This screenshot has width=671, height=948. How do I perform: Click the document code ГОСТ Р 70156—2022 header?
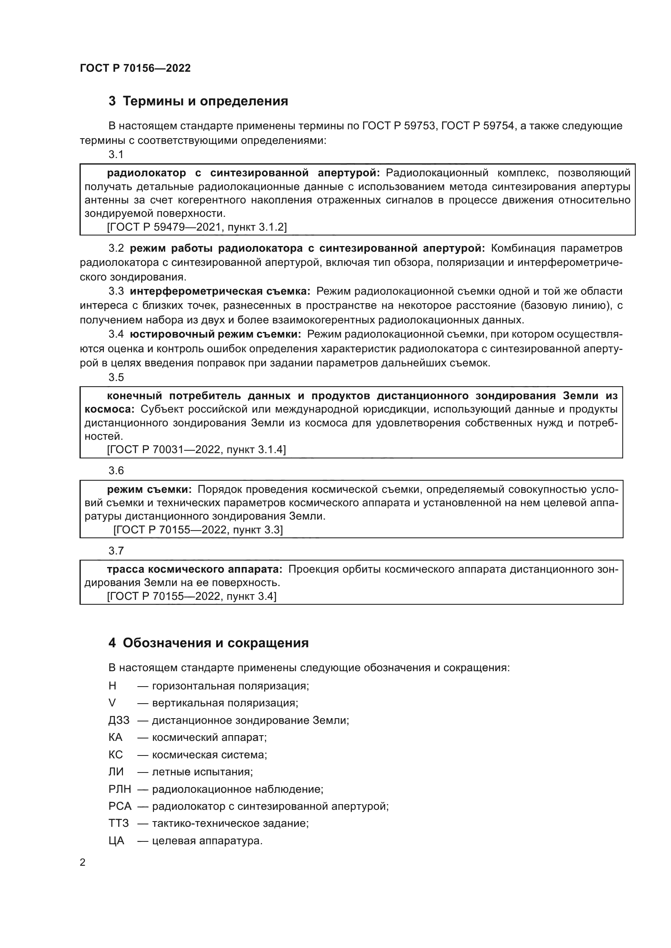point(135,68)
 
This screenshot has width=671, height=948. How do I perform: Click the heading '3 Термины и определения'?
point(198,101)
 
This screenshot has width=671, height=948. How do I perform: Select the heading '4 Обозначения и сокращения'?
point(208,643)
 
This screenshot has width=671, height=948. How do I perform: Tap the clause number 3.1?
point(116,155)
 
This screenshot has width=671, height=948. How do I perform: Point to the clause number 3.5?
point(116,377)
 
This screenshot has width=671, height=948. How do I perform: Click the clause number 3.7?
point(116,551)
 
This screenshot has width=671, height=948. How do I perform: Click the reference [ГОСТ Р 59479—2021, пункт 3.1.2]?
point(197,227)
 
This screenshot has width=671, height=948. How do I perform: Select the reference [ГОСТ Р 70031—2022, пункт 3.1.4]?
point(196,449)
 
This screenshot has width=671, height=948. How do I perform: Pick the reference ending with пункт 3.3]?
point(198,530)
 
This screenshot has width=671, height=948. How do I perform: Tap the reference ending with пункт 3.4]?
point(192,596)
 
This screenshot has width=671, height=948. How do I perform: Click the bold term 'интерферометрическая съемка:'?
point(220,291)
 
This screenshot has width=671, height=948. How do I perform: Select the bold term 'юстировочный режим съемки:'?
point(215,334)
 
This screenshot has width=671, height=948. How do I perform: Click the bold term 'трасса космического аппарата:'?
point(195,569)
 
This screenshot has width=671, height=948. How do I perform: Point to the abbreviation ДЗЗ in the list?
point(118,721)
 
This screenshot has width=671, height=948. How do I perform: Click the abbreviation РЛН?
point(119,790)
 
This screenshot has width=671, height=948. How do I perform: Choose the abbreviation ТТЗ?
point(118,824)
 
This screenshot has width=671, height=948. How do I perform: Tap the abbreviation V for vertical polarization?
point(112,703)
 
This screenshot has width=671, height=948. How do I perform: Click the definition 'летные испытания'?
point(202,772)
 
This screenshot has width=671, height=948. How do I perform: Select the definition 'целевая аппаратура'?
point(207,841)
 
